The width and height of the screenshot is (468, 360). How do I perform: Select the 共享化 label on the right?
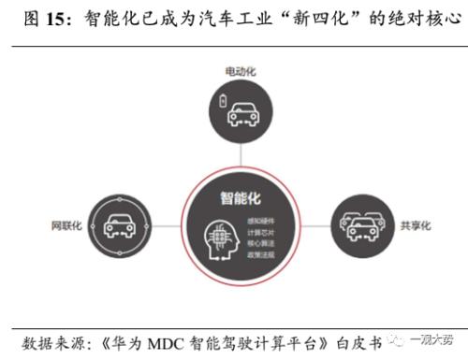[x=414, y=224]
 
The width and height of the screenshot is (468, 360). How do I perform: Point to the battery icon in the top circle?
[x=222, y=101]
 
